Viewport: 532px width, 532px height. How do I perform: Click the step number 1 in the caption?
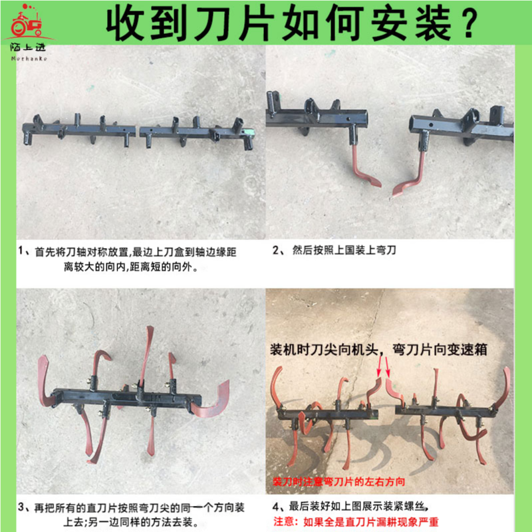pos(21,253)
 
